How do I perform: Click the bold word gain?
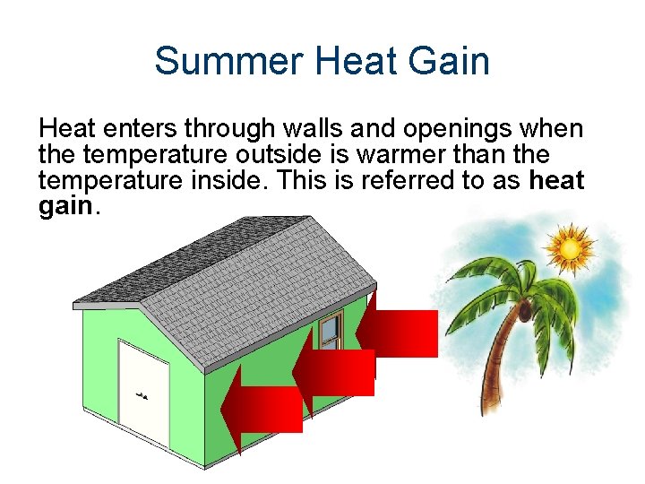pyautogui.click(x=65, y=207)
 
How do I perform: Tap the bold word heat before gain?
pyautogui.click(x=556, y=181)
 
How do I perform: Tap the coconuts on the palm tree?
pyautogui.click(x=521, y=312)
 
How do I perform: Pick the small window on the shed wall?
pyautogui.click(x=331, y=332)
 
